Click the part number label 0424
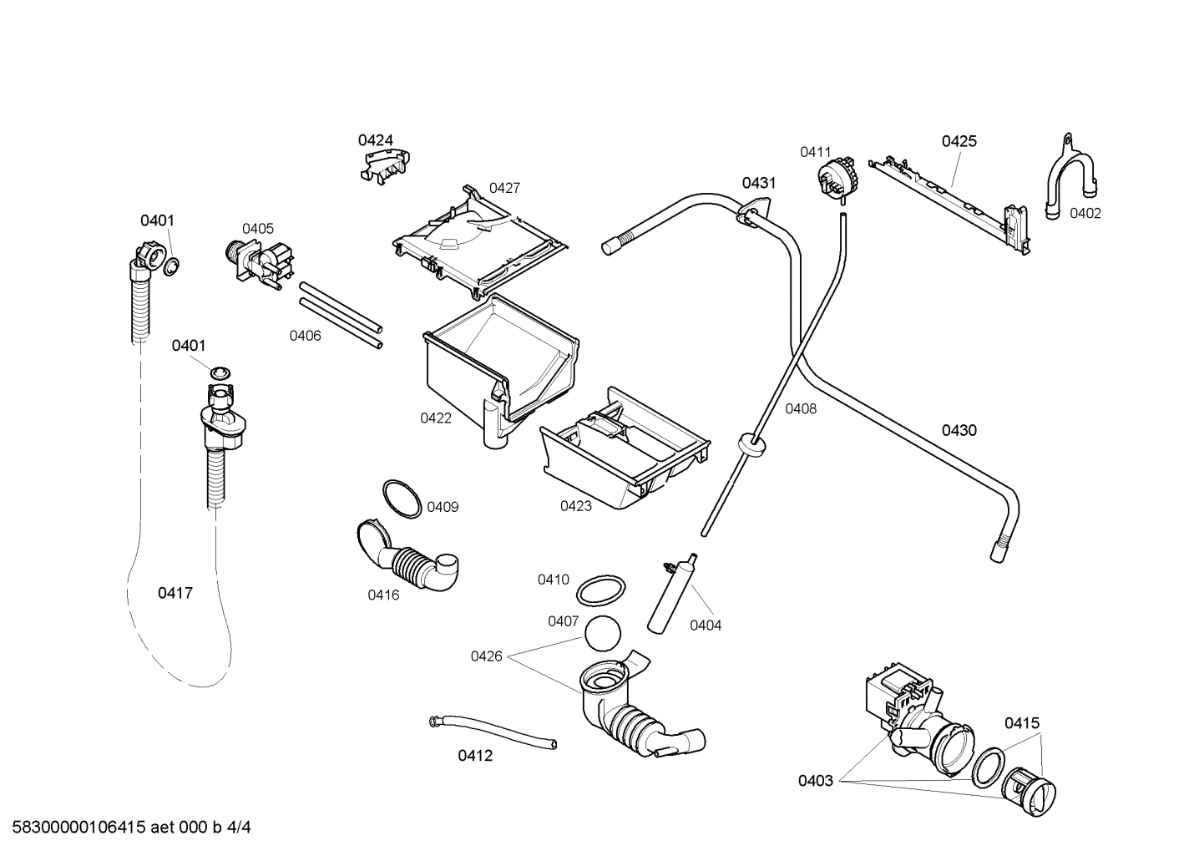[x=376, y=139]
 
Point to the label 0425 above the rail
[x=959, y=141]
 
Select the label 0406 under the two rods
[x=306, y=336]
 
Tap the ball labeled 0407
[x=604, y=633]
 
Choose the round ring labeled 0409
[x=402, y=499]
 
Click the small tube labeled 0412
[x=493, y=732]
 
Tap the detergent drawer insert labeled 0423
[x=624, y=451]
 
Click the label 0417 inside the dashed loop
[x=175, y=593]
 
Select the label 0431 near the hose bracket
[x=759, y=183]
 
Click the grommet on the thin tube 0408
[x=754, y=443]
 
